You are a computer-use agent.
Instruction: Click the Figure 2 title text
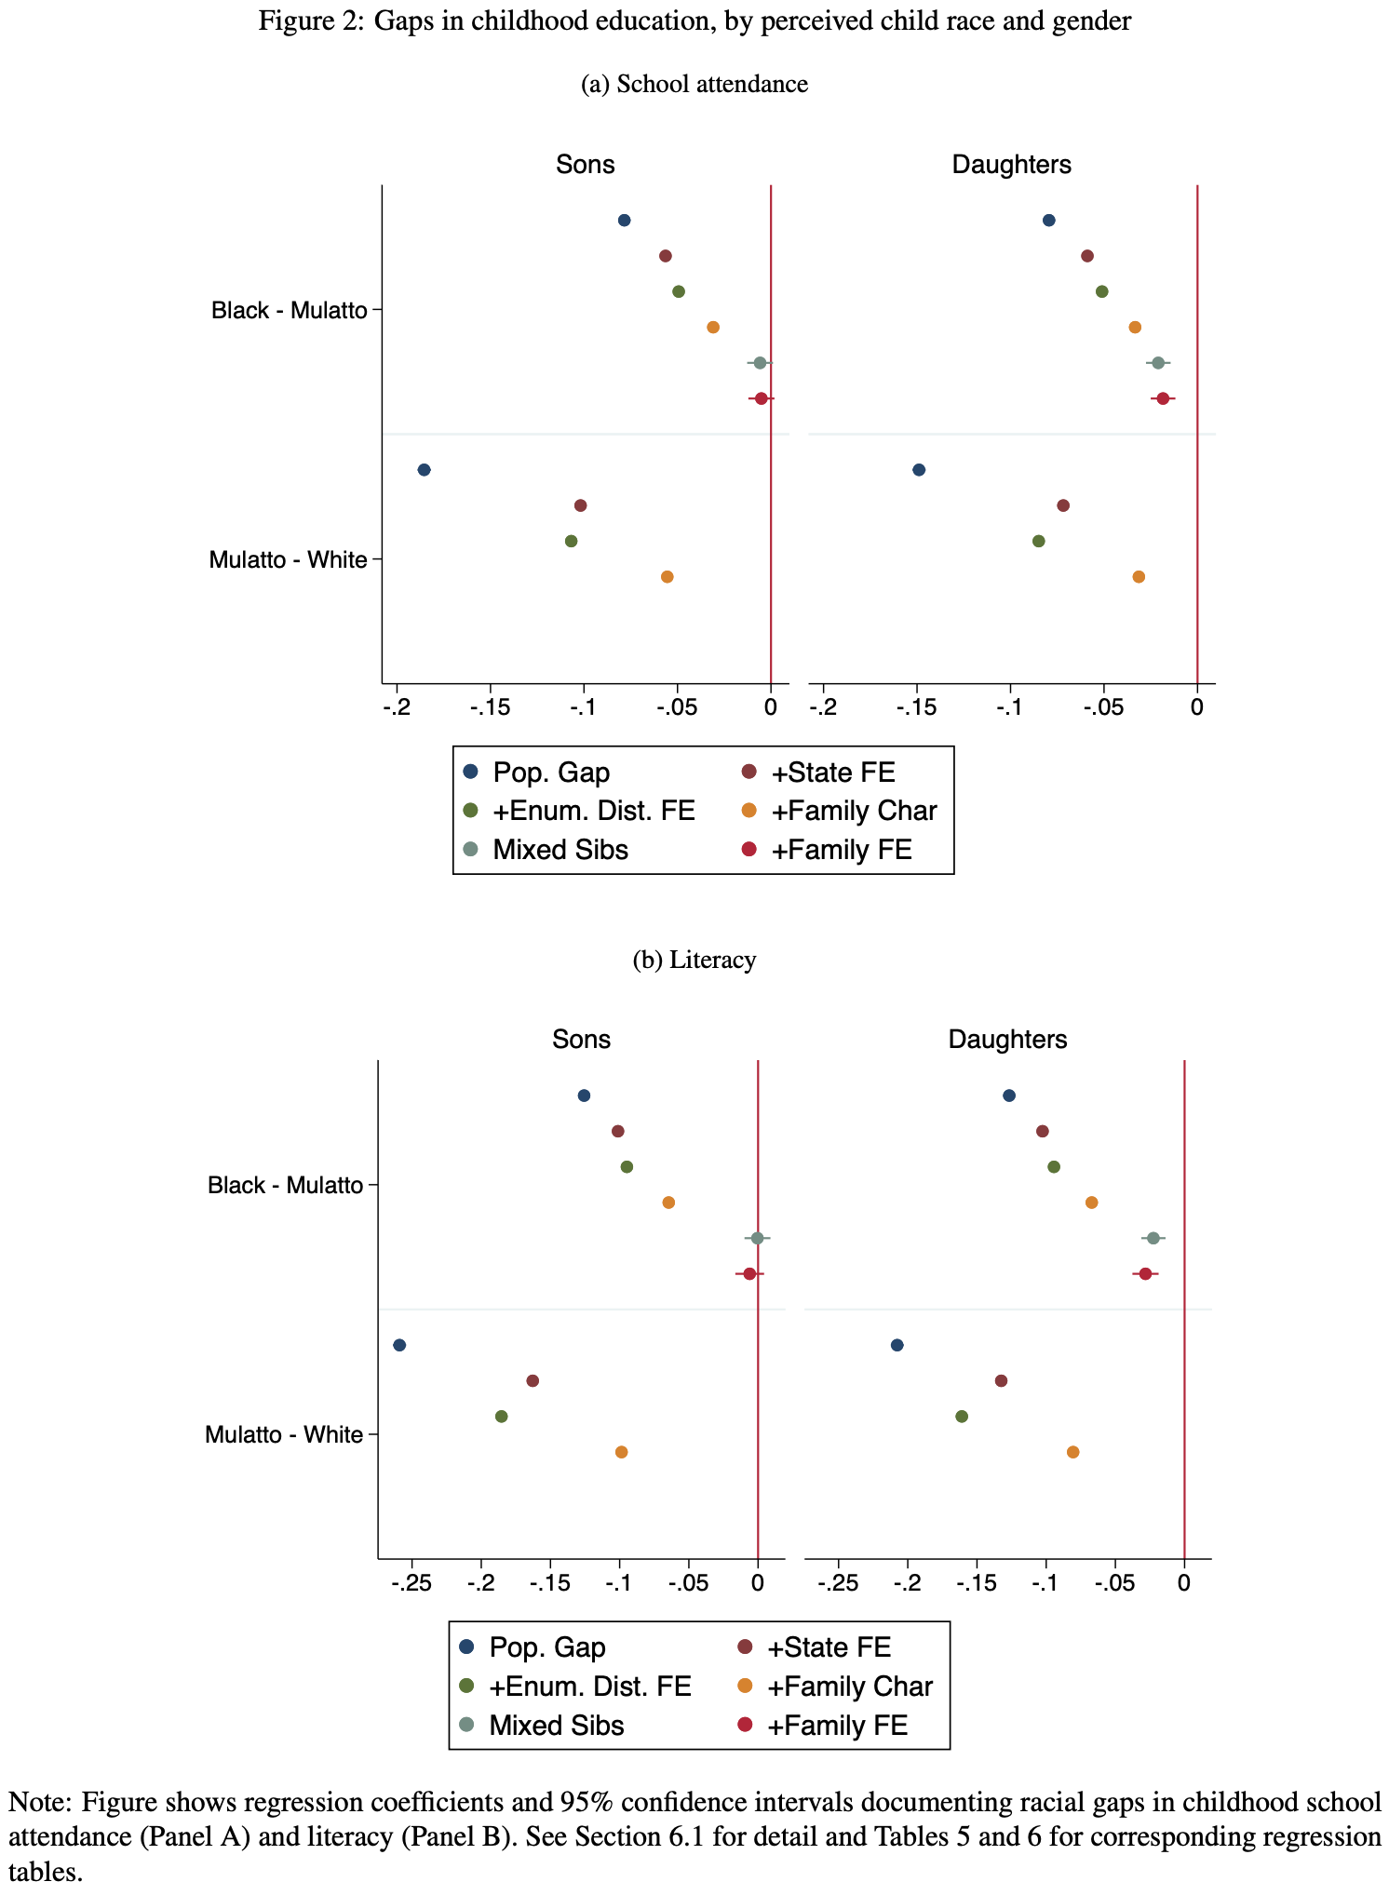coord(694,20)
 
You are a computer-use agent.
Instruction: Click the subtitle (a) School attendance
coord(694,84)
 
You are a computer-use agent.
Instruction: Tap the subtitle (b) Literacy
coord(694,959)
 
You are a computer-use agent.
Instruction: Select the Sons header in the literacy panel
coord(581,1039)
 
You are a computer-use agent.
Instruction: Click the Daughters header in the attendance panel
coord(1011,165)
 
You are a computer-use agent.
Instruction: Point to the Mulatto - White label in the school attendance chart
coord(288,559)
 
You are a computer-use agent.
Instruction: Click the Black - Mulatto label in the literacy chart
coord(285,1185)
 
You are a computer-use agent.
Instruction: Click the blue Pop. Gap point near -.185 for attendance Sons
coord(424,470)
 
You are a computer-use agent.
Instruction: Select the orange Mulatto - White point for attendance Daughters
coord(1138,577)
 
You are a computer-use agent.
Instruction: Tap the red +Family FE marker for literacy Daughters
coord(1145,1273)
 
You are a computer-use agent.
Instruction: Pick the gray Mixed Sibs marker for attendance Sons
coord(760,363)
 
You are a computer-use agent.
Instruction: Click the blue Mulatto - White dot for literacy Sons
coord(399,1345)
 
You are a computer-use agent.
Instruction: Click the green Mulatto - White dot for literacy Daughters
coord(962,1417)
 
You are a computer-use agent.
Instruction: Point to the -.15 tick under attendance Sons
coord(490,708)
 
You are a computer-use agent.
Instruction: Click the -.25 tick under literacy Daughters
coord(838,1583)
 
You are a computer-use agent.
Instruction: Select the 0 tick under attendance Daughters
coord(1196,708)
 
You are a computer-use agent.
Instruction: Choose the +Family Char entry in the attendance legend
coord(853,811)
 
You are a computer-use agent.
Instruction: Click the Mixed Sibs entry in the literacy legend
coord(556,1725)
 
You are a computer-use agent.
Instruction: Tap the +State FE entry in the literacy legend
coord(828,1647)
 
